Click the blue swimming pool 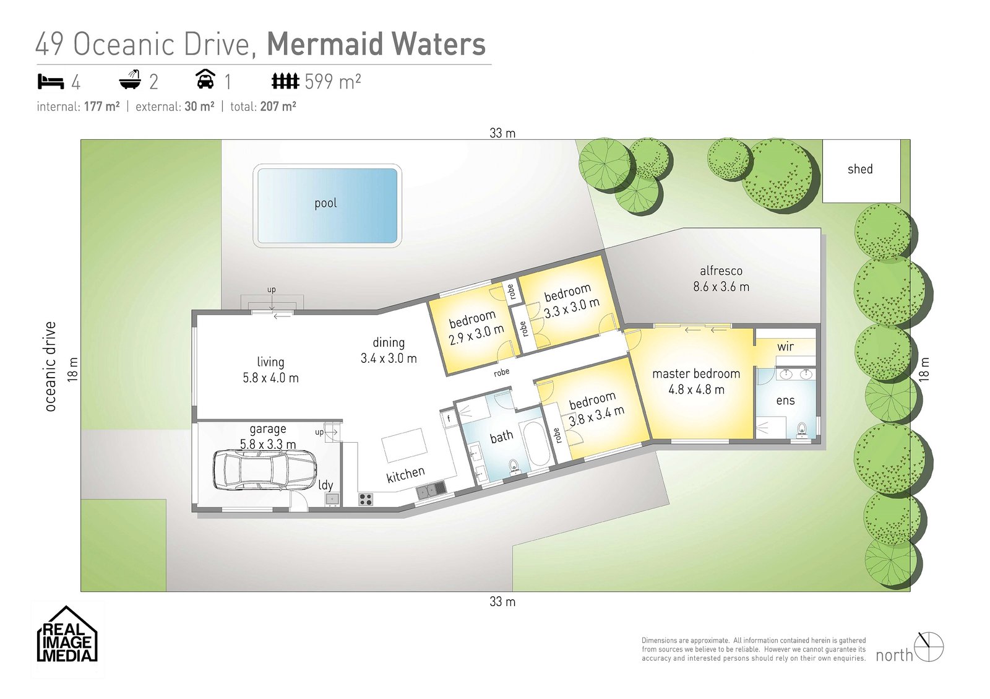(x=327, y=206)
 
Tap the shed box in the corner (x=861, y=170)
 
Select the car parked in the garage (x=264, y=470)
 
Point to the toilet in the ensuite (x=803, y=429)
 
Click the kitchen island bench (x=405, y=445)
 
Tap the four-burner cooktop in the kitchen (x=366, y=498)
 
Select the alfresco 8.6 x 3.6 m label (x=721, y=279)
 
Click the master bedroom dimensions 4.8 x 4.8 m (x=696, y=390)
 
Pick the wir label (x=785, y=347)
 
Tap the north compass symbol (x=929, y=647)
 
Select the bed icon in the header (x=51, y=81)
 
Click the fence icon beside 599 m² (x=285, y=81)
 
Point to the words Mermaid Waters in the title (x=376, y=45)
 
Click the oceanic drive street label (x=50, y=366)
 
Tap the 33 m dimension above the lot (x=502, y=133)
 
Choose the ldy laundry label (x=325, y=485)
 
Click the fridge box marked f (x=449, y=419)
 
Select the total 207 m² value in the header (x=278, y=106)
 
